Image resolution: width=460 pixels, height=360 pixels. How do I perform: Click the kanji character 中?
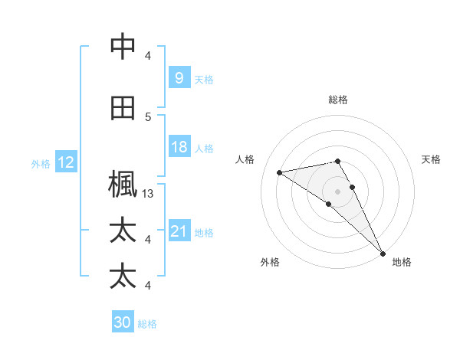pyautogui.click(x=123, y=47)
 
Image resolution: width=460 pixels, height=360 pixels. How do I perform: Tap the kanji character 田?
pyautogui.click(x=123, y=109)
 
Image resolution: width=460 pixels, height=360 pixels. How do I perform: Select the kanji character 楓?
pyautogui.click(x=123, y=185)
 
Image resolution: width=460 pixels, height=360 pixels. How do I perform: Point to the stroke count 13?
pyautogui.click(x=148, y=194)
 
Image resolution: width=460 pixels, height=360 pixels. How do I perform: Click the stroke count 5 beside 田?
pyautogui.click(x=148, y=117)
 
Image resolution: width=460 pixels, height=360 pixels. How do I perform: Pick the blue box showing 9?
pyautogui.click(x=179, y=78)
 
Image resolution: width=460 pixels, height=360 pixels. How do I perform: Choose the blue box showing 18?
pyautogui.click(x=179, y=147)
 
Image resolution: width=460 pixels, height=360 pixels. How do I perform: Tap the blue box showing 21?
pyautogui.click(x=179, y=231)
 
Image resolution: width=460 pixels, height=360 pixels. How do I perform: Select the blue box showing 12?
pyautogui.click(x=66, y=162)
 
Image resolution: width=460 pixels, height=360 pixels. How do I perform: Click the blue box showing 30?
pyautogui.click(x=123, y=322)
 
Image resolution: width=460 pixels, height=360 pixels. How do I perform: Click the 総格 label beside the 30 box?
pyautogui.click(x=148, y=324)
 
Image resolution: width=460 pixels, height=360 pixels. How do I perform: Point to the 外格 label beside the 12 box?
pyautogui.click(x=41, y=163)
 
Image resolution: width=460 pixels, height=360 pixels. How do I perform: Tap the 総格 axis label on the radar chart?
pyautogui.click(x=338, y=100)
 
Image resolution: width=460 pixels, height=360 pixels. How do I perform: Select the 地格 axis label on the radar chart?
pyautogui.click(x=402, y=262)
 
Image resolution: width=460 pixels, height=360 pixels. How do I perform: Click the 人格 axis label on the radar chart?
pyautogui.click(x=245, y=159)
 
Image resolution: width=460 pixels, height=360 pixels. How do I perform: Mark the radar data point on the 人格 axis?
pyautogui.click(x=280, y=172)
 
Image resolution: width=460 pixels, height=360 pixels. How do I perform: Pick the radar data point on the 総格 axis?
pyautogui.click(x=338, y=161)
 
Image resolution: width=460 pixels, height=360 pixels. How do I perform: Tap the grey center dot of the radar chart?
pyautogui.click(x=338, y=191)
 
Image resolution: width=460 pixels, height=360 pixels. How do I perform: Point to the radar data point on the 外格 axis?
pyautogui.click(x=329, y=204)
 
